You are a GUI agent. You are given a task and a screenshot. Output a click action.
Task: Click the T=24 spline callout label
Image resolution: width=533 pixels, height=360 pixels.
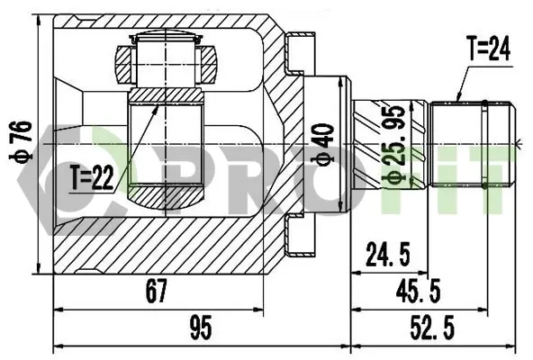489,49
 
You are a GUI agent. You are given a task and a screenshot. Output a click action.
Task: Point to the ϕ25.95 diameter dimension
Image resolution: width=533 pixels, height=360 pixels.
394,145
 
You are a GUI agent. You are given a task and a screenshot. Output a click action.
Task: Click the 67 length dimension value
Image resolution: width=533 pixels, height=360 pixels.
157,291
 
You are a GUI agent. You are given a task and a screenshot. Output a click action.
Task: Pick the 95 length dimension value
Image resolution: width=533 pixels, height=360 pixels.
201,327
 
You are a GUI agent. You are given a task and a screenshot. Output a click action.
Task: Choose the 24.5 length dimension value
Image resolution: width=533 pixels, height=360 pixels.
388,254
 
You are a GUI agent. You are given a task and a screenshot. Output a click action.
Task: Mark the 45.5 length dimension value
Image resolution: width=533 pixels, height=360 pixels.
418,291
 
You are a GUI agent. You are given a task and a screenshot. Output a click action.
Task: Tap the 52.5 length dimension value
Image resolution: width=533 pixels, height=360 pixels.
431,327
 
